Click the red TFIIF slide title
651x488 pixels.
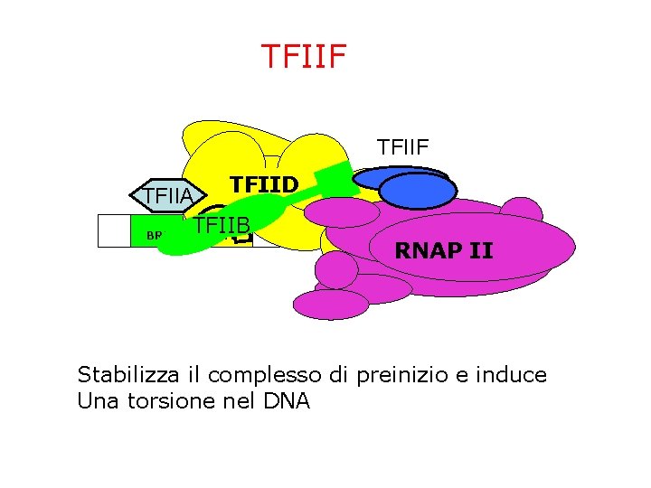303,55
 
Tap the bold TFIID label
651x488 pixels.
264,184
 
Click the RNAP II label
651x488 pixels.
444,250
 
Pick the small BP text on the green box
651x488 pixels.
154,236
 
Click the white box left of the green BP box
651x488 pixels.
113,230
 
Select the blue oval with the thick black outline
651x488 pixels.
418,192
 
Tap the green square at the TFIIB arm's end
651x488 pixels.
338,175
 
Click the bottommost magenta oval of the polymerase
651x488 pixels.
331,305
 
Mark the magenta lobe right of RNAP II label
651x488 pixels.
522,217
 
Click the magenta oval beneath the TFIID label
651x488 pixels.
342,212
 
